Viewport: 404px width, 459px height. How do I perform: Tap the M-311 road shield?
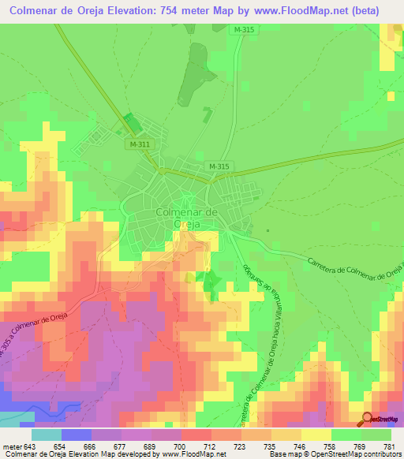pos(137,145)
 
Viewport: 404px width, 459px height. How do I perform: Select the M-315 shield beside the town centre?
pos(219,166)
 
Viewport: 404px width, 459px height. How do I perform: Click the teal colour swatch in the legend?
pos(47,434)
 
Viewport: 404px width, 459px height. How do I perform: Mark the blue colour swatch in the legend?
pos(77,434)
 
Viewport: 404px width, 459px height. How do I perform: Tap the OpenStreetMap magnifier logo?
pos(368,419)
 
